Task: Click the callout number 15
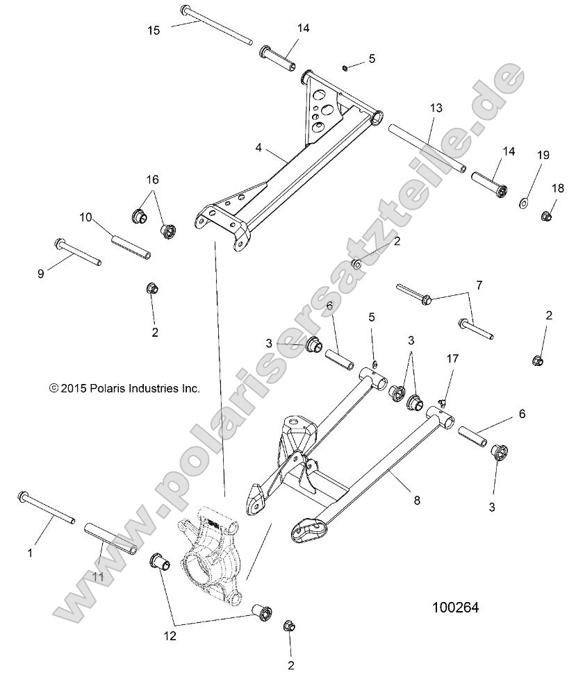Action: click(153, 30)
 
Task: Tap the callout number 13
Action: click(436, 108)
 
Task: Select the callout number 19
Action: click(542, 155)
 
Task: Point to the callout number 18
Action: click(558, 188)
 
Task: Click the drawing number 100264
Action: click(456, 607)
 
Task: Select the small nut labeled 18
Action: click(546, 216)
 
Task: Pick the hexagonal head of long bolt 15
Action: click(186, 10)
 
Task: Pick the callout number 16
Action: click(152, 178)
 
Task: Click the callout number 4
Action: click(258, 148)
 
